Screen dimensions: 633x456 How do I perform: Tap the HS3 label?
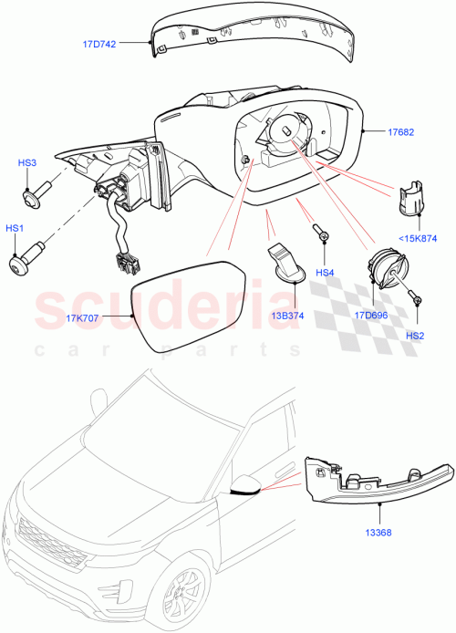27,162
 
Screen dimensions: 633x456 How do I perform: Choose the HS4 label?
326,272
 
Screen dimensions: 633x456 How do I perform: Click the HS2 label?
415,336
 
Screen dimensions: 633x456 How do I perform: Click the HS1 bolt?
30,256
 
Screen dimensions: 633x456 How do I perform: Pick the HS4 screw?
320,232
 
